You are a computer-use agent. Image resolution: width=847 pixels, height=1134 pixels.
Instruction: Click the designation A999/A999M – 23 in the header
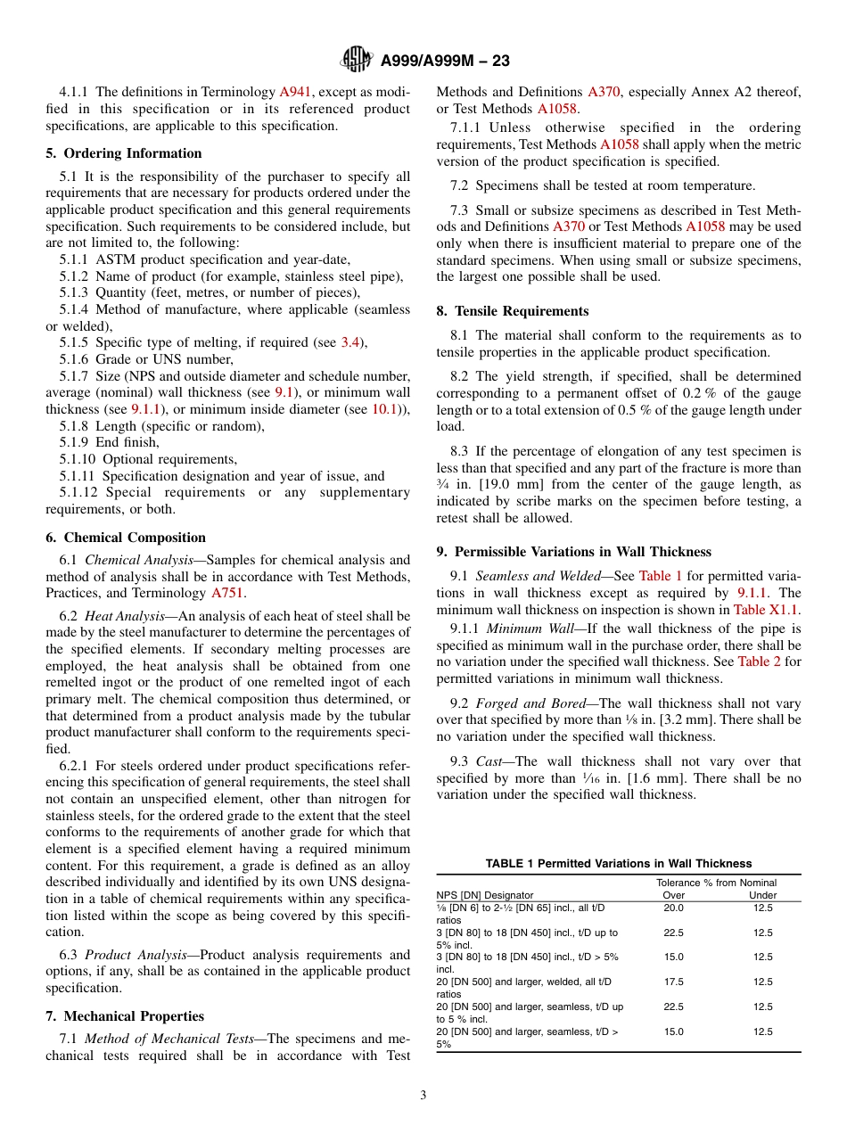[x=445, y=62]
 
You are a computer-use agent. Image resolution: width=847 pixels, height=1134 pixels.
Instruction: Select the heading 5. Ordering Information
[x=124, y=153]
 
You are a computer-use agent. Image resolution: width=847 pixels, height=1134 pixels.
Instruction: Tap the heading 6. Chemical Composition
[x=126, y=538]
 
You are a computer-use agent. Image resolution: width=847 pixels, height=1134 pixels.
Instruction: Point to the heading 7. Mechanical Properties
[x=125, y=1016]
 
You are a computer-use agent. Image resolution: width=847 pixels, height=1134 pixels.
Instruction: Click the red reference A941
[x=295, y=92]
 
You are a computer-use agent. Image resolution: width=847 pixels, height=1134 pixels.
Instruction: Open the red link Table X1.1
[x=766, y=610]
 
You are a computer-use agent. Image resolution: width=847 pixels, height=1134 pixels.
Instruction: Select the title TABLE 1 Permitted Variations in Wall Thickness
[x=618, y=863]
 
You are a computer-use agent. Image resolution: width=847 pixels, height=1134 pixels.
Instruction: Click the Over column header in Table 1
[x=674, y=895]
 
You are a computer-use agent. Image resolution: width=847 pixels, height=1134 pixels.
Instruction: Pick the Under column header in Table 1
[x=762, y=895]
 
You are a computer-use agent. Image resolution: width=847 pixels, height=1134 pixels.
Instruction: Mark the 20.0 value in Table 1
[x=674, y=908]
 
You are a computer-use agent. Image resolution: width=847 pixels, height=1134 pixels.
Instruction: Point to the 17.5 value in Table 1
[x=674, y=982]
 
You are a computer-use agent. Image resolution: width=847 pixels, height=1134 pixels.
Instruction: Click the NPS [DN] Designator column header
[x=484, y=895]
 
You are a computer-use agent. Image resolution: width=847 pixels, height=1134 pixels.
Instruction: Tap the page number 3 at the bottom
[x=423, y=1096]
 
